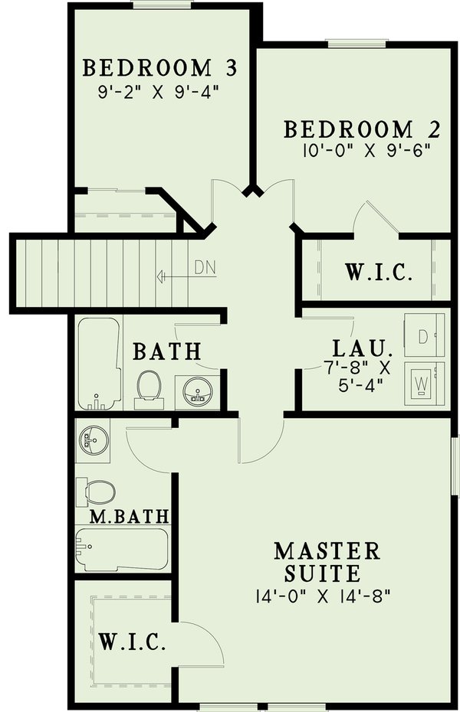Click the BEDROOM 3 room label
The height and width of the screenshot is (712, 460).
click(159, 68)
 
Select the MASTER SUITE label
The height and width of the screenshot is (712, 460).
click(327, 561)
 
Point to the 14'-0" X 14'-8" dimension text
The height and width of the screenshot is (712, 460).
click(327, 595)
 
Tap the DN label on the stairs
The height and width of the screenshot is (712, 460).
click(203, 267)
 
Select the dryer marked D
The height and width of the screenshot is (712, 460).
click(424, 335)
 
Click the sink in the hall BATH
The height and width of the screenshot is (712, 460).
click(198, 390)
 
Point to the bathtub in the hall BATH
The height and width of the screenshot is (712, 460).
click(99, 363)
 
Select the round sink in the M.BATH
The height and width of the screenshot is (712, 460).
click(94, 439)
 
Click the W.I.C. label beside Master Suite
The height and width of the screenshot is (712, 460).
click(132, 642)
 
